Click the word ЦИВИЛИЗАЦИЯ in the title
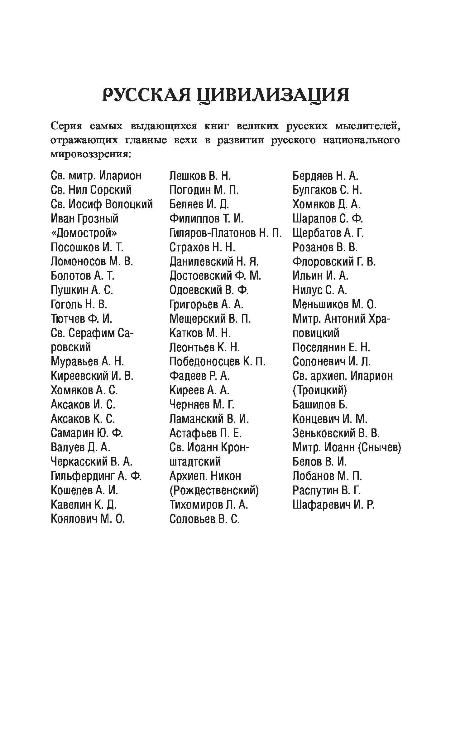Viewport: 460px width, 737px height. tap(273, 95)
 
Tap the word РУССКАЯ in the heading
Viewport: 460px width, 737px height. tap(146, 95)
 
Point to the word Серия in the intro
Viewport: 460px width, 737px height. tap(66, 126)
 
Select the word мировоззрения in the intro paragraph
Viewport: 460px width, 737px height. tap(90, 154)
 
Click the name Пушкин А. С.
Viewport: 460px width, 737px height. tap(82, 290)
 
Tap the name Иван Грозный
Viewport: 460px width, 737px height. tap(84, 218)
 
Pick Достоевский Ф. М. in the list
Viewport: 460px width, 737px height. tap(215, 276)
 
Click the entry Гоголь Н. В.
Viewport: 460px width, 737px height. tap(79, 304)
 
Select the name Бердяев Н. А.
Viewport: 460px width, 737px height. tap(325, 176)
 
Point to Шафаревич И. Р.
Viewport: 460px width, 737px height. tap(333, 505)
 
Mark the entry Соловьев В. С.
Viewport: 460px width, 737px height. tap(204, 519)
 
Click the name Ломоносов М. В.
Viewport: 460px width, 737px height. tap(92, 261)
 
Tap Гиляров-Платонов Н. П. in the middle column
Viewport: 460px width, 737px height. tap(225, 233)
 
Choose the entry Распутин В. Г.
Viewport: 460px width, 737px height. tap(326, 490)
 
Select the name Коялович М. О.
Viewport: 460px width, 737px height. tap(88, 519)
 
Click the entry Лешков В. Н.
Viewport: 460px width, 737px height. tap(200, 176)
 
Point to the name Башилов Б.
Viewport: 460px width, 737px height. tap(320, 404)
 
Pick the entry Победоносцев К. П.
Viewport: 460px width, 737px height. tap(217, 362)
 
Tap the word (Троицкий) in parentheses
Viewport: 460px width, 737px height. tap(319, 390)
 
